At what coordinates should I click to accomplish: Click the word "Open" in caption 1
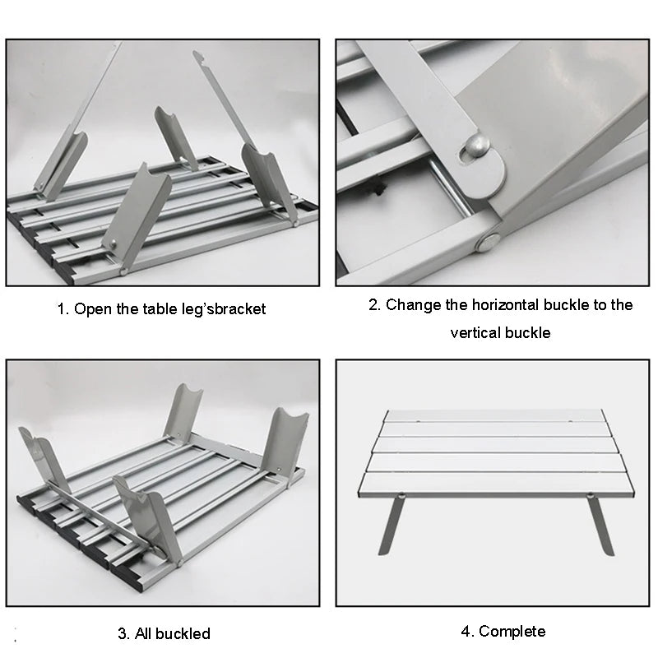click(92, 310)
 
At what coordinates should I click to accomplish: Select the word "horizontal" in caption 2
click(510, 305)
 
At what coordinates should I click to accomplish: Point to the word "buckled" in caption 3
click(181, 633)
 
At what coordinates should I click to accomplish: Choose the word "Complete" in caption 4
click(512, 632)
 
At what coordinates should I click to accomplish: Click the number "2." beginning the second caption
click(375, 305)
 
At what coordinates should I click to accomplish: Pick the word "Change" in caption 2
click(415, 305)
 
